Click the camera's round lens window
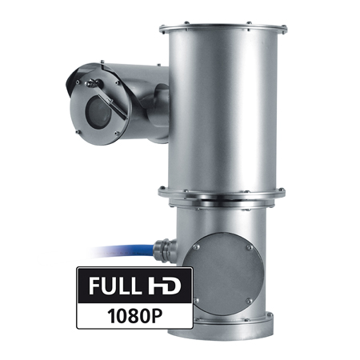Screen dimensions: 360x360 click(x=98, y=110)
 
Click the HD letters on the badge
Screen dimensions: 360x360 click(x=162, y=286)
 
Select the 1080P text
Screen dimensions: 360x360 click(x=134, y=316)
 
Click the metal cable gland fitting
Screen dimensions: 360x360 click(x=166, y=250)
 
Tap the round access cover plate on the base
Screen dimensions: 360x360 click(x=224, y=274)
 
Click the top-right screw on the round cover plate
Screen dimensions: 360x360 click(x=250, y=247)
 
